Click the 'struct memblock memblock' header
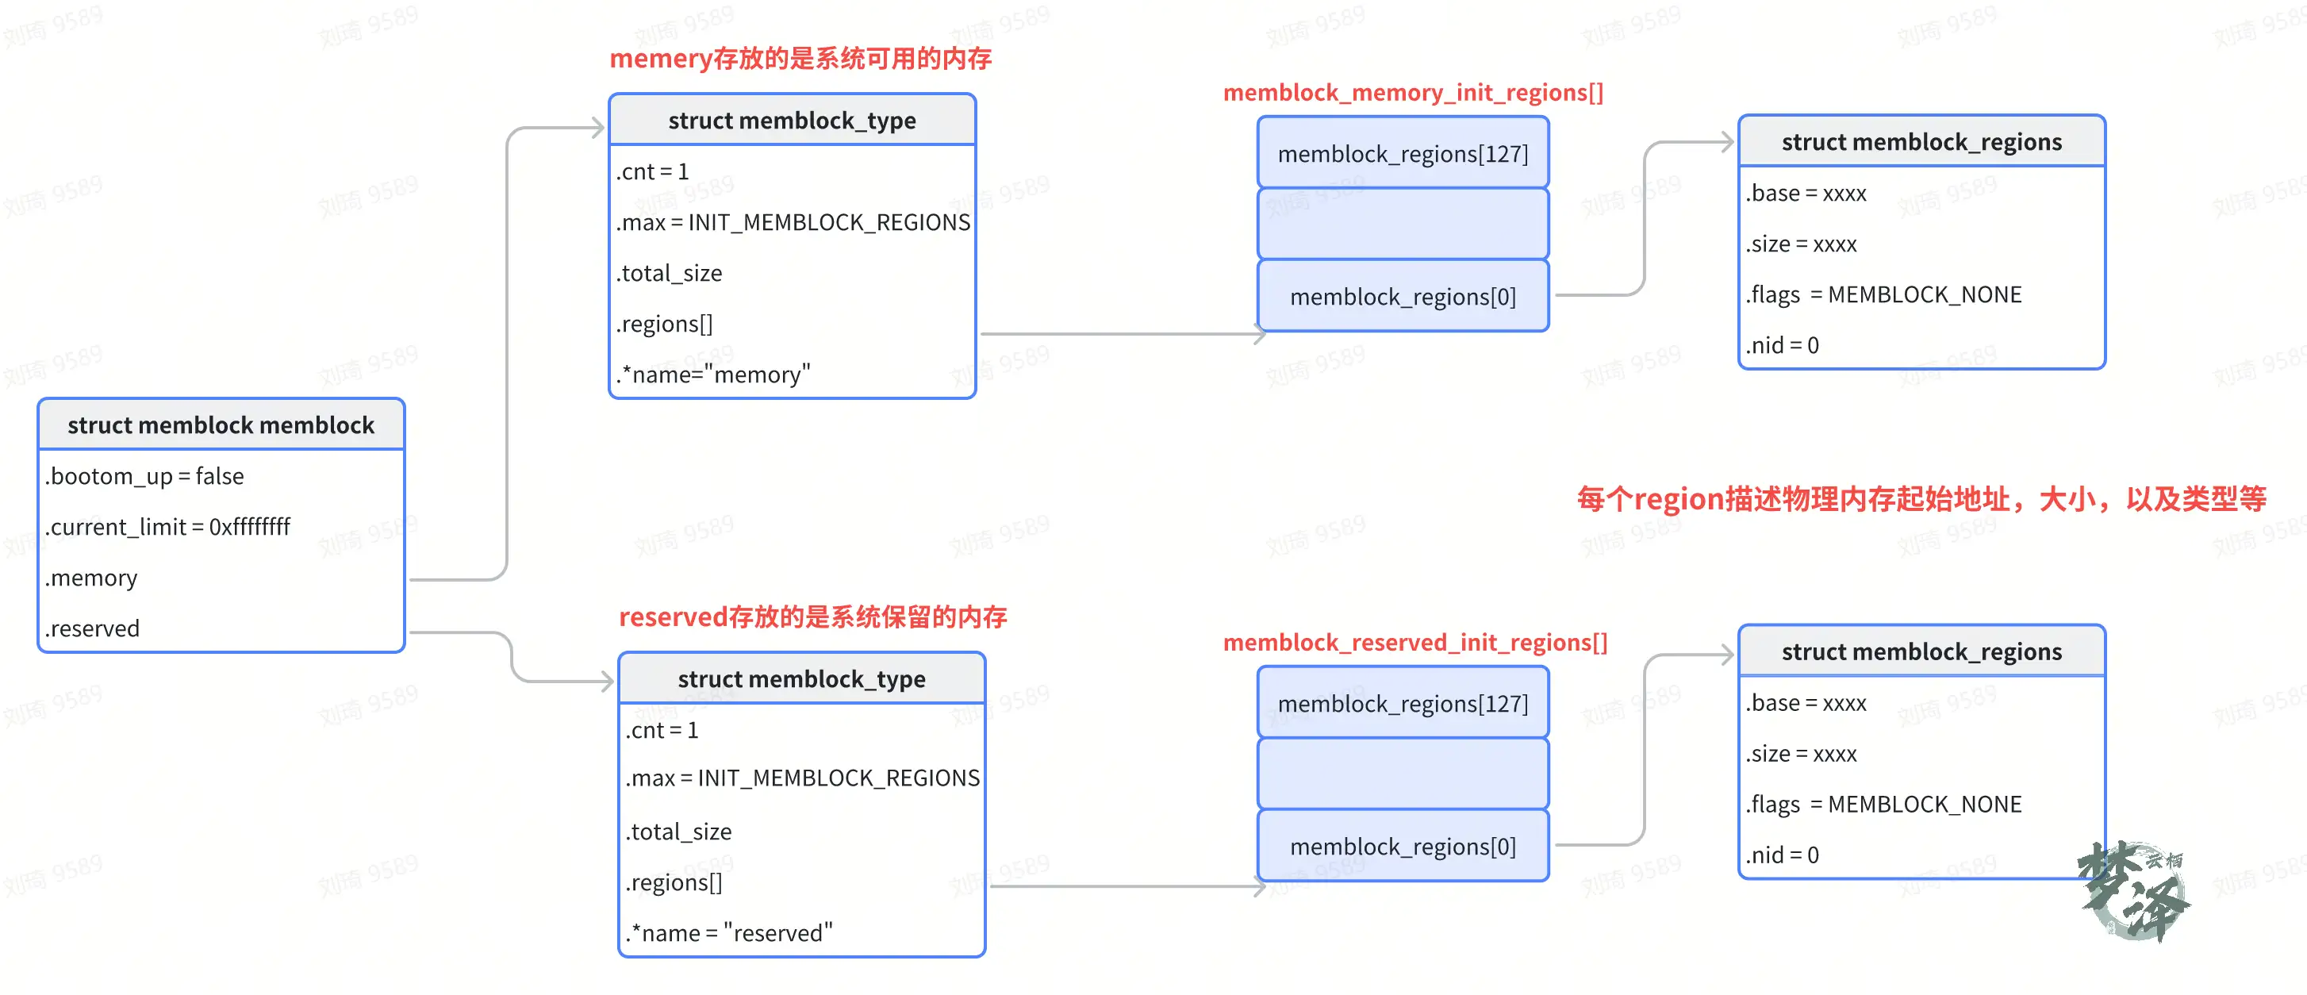click(x=221, y=425)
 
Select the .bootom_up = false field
click(x=144, y=475)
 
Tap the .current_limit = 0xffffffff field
click(x=167, y=527)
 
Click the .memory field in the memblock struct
click(x=91, y=578)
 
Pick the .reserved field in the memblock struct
click(x=92, y=628)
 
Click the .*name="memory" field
click(x=713, y=375)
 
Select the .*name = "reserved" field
click(x=729, y=932)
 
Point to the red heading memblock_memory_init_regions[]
click(x=1412, y=92)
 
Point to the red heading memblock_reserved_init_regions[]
click(x=1415, y=642)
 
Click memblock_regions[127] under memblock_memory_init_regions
click(x=1403, y=154)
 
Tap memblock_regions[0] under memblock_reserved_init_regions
click(x=1403, y=847)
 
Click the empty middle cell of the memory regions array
click(x=1403, y=224)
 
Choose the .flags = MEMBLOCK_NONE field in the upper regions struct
click(x=1883, y=294)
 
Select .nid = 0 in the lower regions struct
click(x=1782, y=855)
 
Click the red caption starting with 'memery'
click(x=800, y=59)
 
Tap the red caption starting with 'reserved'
click(x=812, y=617)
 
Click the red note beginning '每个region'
click(x=1921, y=499)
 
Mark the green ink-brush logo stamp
click(x=2134, y=891)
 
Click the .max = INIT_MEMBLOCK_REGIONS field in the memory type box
click(x=793, y=222)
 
